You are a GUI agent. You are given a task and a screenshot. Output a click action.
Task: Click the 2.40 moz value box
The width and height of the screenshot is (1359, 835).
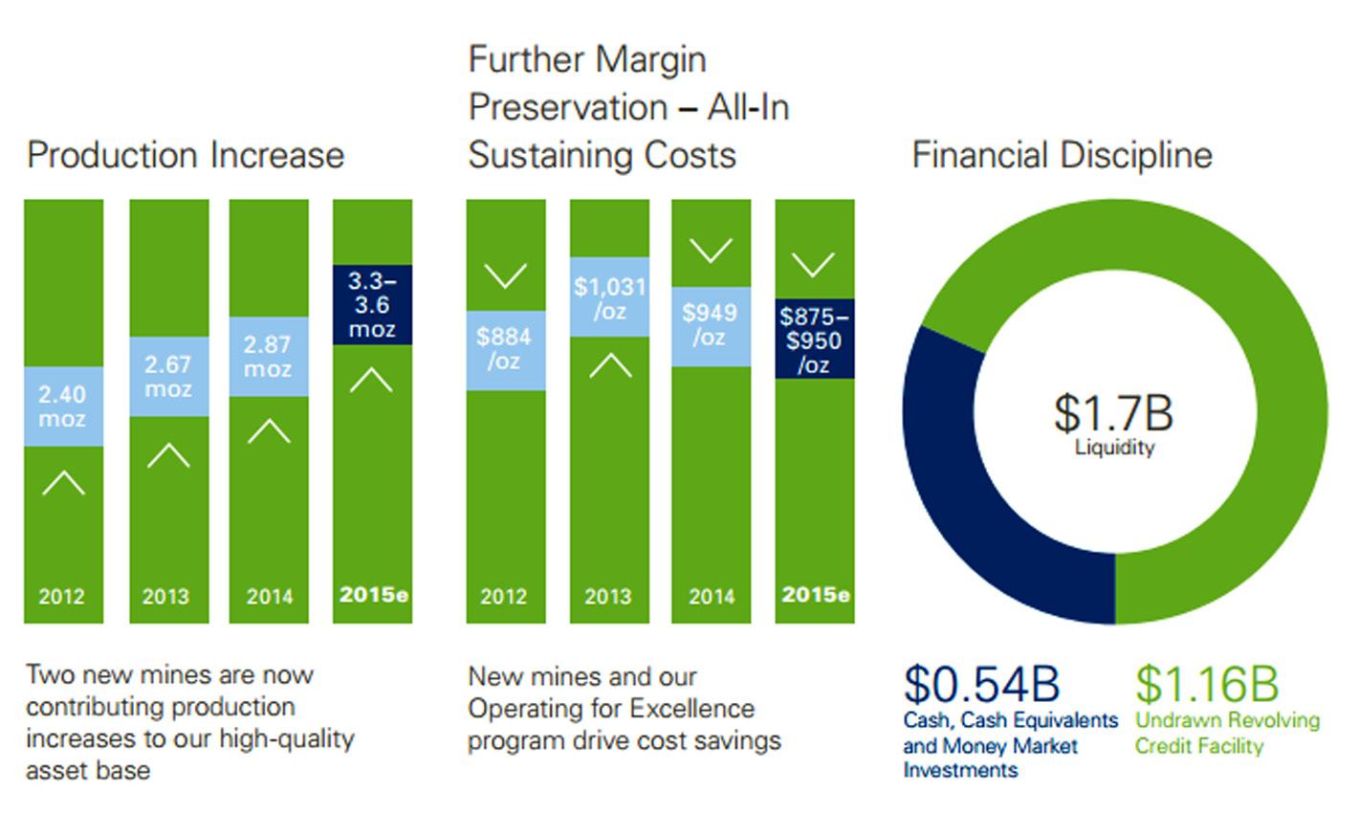pyautogui.click(x=63, y=407)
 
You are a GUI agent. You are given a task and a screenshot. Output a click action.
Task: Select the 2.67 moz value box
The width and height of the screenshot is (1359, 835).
pyautogui.click(x=168, y=377)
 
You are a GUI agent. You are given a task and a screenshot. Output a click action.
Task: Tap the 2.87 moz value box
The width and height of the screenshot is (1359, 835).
pyautogui.click(x=269, y=357)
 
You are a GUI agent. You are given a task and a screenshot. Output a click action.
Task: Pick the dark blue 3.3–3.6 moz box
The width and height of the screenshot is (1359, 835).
pyautogui.click(x=372, y=305)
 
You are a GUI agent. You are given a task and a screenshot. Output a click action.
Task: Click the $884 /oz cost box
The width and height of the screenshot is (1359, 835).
pyautogui.click(x=505, y=350)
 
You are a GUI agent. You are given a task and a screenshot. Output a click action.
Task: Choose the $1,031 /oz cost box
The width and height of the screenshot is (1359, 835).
pyautogui.click(x=609, y=297)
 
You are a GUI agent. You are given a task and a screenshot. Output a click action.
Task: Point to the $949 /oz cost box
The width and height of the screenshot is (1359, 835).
pyautogui.click(x=711, y=326)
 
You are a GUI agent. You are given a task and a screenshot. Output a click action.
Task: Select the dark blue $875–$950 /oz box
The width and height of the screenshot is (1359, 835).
pyautogui.click(x=814, y=341)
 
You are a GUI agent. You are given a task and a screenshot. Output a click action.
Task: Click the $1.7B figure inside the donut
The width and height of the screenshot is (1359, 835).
pyautogui.click(x=1113, y=413)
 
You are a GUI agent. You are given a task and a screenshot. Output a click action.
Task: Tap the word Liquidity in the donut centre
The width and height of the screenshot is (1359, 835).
pyautogui.click(x=1115, y=448)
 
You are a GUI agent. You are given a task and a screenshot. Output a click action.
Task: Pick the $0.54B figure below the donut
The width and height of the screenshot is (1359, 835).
pyautogui.click(x=981, y=684)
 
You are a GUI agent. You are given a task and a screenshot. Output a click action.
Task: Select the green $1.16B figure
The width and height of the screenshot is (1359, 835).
pyautogui.click(x=1207, y=684)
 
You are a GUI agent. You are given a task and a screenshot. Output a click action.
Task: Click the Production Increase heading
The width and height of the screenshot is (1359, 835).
pyautogui.click(x=186, y=155)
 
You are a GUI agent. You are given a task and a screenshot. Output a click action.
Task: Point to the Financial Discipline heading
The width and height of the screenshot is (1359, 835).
pyautogui.click(x=1062, y=155)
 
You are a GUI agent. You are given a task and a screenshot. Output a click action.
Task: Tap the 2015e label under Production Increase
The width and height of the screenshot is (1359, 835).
pyautogui.click(x=373, y=595)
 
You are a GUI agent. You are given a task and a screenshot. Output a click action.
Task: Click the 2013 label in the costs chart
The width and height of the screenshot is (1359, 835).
pyautogui.click(x=608, y=597)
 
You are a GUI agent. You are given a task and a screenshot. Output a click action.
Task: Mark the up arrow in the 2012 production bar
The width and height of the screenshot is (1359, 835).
pyautogui.click(x=63, y=482)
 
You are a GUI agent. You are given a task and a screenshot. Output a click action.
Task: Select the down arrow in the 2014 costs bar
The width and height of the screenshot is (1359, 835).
pyautogui.click(x=711, y=252)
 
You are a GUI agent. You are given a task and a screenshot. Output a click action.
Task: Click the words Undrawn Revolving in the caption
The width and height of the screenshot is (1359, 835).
pyautogui.click(x=1227, y=720)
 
